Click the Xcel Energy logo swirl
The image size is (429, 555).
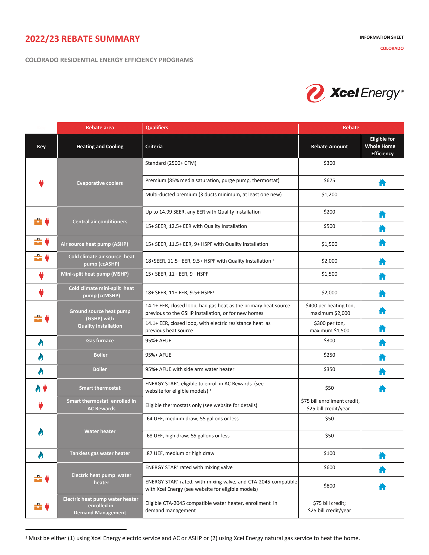tap(315, 93)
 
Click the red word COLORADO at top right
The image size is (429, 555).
tap(392, 49)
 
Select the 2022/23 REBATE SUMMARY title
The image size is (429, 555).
tap(82, 39)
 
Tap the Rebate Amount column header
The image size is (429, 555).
tap(329, 147)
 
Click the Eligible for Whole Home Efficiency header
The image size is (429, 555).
tap(382, 146)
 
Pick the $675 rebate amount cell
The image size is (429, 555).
tap(329, 180)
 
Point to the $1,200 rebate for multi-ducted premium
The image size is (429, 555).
tap(329, 195)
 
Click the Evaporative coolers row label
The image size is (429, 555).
tap(100, 183)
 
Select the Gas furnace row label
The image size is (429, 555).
tap(100, 341)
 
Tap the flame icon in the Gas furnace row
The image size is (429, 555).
tap(41, 343)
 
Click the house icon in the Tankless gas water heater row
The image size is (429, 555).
tap(382, 456)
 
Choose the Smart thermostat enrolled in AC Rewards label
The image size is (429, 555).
tap(101, 405)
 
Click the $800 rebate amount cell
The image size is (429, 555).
tap(329, 486)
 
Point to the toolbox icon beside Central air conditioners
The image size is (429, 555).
tap(38, 222)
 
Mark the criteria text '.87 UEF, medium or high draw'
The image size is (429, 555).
tap(180, 453)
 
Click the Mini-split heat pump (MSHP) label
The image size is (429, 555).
tap(95, 274)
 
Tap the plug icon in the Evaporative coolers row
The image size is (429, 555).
tap(41, 183)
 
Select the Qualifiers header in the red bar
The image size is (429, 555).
tap(157, 128)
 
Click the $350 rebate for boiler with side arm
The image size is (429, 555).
tap(329, 369)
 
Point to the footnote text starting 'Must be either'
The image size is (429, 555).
tap(194, 538)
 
